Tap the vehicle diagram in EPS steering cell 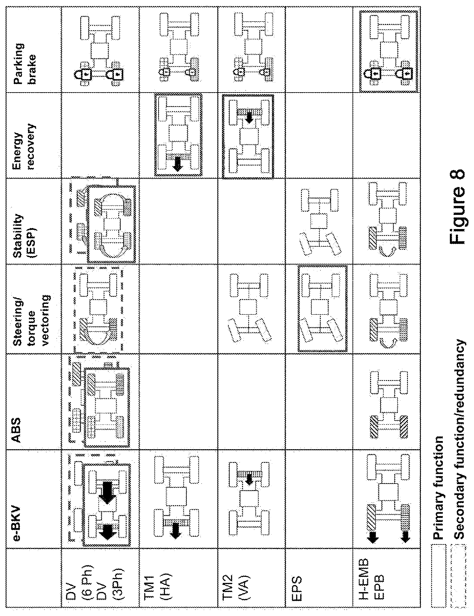click(322, 309)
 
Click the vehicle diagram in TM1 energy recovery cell click(178, 135)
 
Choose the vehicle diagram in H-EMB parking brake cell click(389, 51)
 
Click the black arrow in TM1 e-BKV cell click(176, 531)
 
